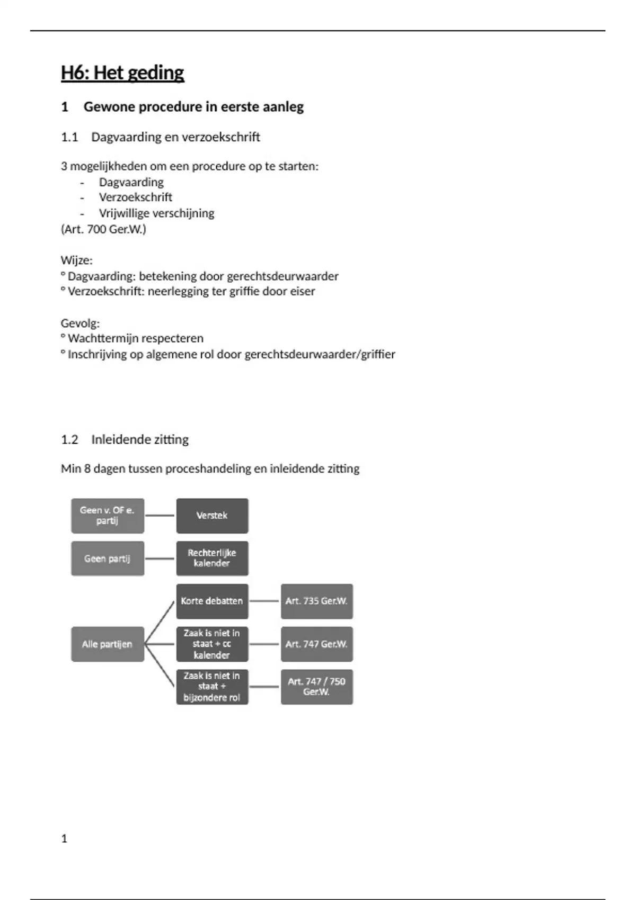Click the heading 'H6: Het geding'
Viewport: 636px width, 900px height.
coord(122,73)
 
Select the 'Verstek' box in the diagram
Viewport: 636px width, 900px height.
coord(212,516)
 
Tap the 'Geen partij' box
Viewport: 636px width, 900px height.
coord(108,559)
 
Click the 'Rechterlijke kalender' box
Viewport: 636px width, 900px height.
coord(212,559)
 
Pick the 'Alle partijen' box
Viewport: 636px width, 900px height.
coord(108,644)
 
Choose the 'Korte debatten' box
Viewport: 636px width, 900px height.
coord(212,601)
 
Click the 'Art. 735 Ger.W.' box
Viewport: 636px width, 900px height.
coord(316,601)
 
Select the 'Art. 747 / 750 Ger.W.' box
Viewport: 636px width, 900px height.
coord(316,687)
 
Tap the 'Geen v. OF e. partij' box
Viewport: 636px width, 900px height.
coord(108,516)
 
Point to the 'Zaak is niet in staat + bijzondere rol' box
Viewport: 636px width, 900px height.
coord(212,687)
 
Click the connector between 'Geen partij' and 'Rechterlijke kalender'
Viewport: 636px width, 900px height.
coord(160,559)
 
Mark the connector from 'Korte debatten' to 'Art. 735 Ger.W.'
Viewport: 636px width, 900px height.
coord(264,601)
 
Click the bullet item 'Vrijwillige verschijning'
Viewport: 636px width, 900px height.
coord(156,213)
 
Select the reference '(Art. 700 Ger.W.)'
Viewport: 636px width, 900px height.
coord(103,229)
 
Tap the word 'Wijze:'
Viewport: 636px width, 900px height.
coord(77,260)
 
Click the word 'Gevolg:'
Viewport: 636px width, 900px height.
coord(80,323)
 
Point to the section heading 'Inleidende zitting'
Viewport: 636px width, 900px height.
coord(140,439)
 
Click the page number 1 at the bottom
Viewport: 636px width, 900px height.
coord(64,839)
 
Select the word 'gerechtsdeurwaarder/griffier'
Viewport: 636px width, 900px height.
coord(320,355)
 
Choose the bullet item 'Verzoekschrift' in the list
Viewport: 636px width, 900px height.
coord(135,197)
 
